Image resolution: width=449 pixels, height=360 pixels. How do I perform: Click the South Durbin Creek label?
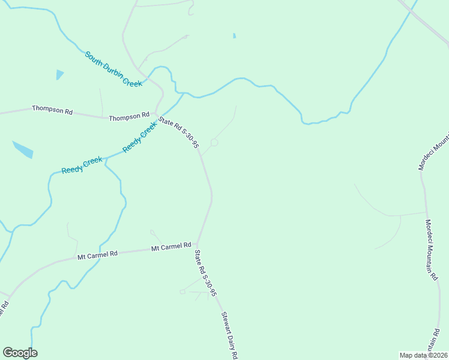click(x=113, y=69)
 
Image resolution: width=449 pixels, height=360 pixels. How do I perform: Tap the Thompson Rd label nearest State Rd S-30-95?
click(x=129, y=117)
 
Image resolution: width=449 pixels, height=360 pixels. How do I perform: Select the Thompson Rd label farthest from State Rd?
click(x=52, y=110)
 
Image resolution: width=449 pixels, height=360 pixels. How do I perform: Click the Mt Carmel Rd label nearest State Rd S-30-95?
click(x=171, y=246)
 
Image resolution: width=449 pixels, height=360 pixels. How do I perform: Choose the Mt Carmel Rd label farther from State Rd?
click(x=97, y=255)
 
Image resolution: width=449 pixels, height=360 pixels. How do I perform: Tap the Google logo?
click(x=20, y=353)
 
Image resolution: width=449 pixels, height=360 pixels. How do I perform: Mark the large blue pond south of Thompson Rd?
click(x=23, y=149)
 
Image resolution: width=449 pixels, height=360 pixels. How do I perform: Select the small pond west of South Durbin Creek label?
click(x=59, y=74)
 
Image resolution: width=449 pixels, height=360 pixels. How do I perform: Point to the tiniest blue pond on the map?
click(x=234, y=36)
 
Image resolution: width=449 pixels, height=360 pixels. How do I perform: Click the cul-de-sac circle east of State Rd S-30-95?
click(x=214, y=142)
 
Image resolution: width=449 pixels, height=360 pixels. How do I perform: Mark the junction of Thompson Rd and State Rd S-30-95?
click(x=156, y=115)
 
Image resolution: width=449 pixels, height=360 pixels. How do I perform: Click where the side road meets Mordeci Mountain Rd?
click(x=426, y=212)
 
